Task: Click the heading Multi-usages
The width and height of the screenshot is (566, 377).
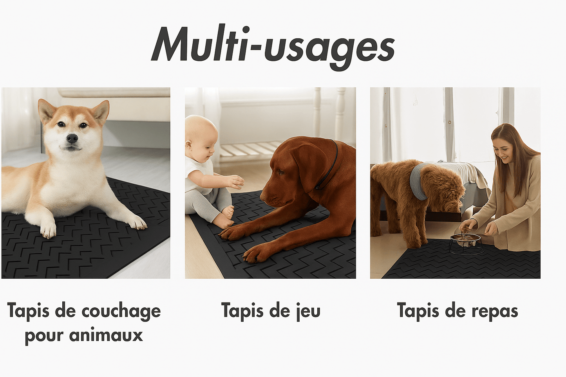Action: [273, 47]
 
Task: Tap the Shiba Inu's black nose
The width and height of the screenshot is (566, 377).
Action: [72, 138]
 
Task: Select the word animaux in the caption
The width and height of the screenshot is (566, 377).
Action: [106, 336]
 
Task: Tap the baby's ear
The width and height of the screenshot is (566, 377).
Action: [188, 145]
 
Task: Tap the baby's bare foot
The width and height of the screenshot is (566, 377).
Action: [229, 212]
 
